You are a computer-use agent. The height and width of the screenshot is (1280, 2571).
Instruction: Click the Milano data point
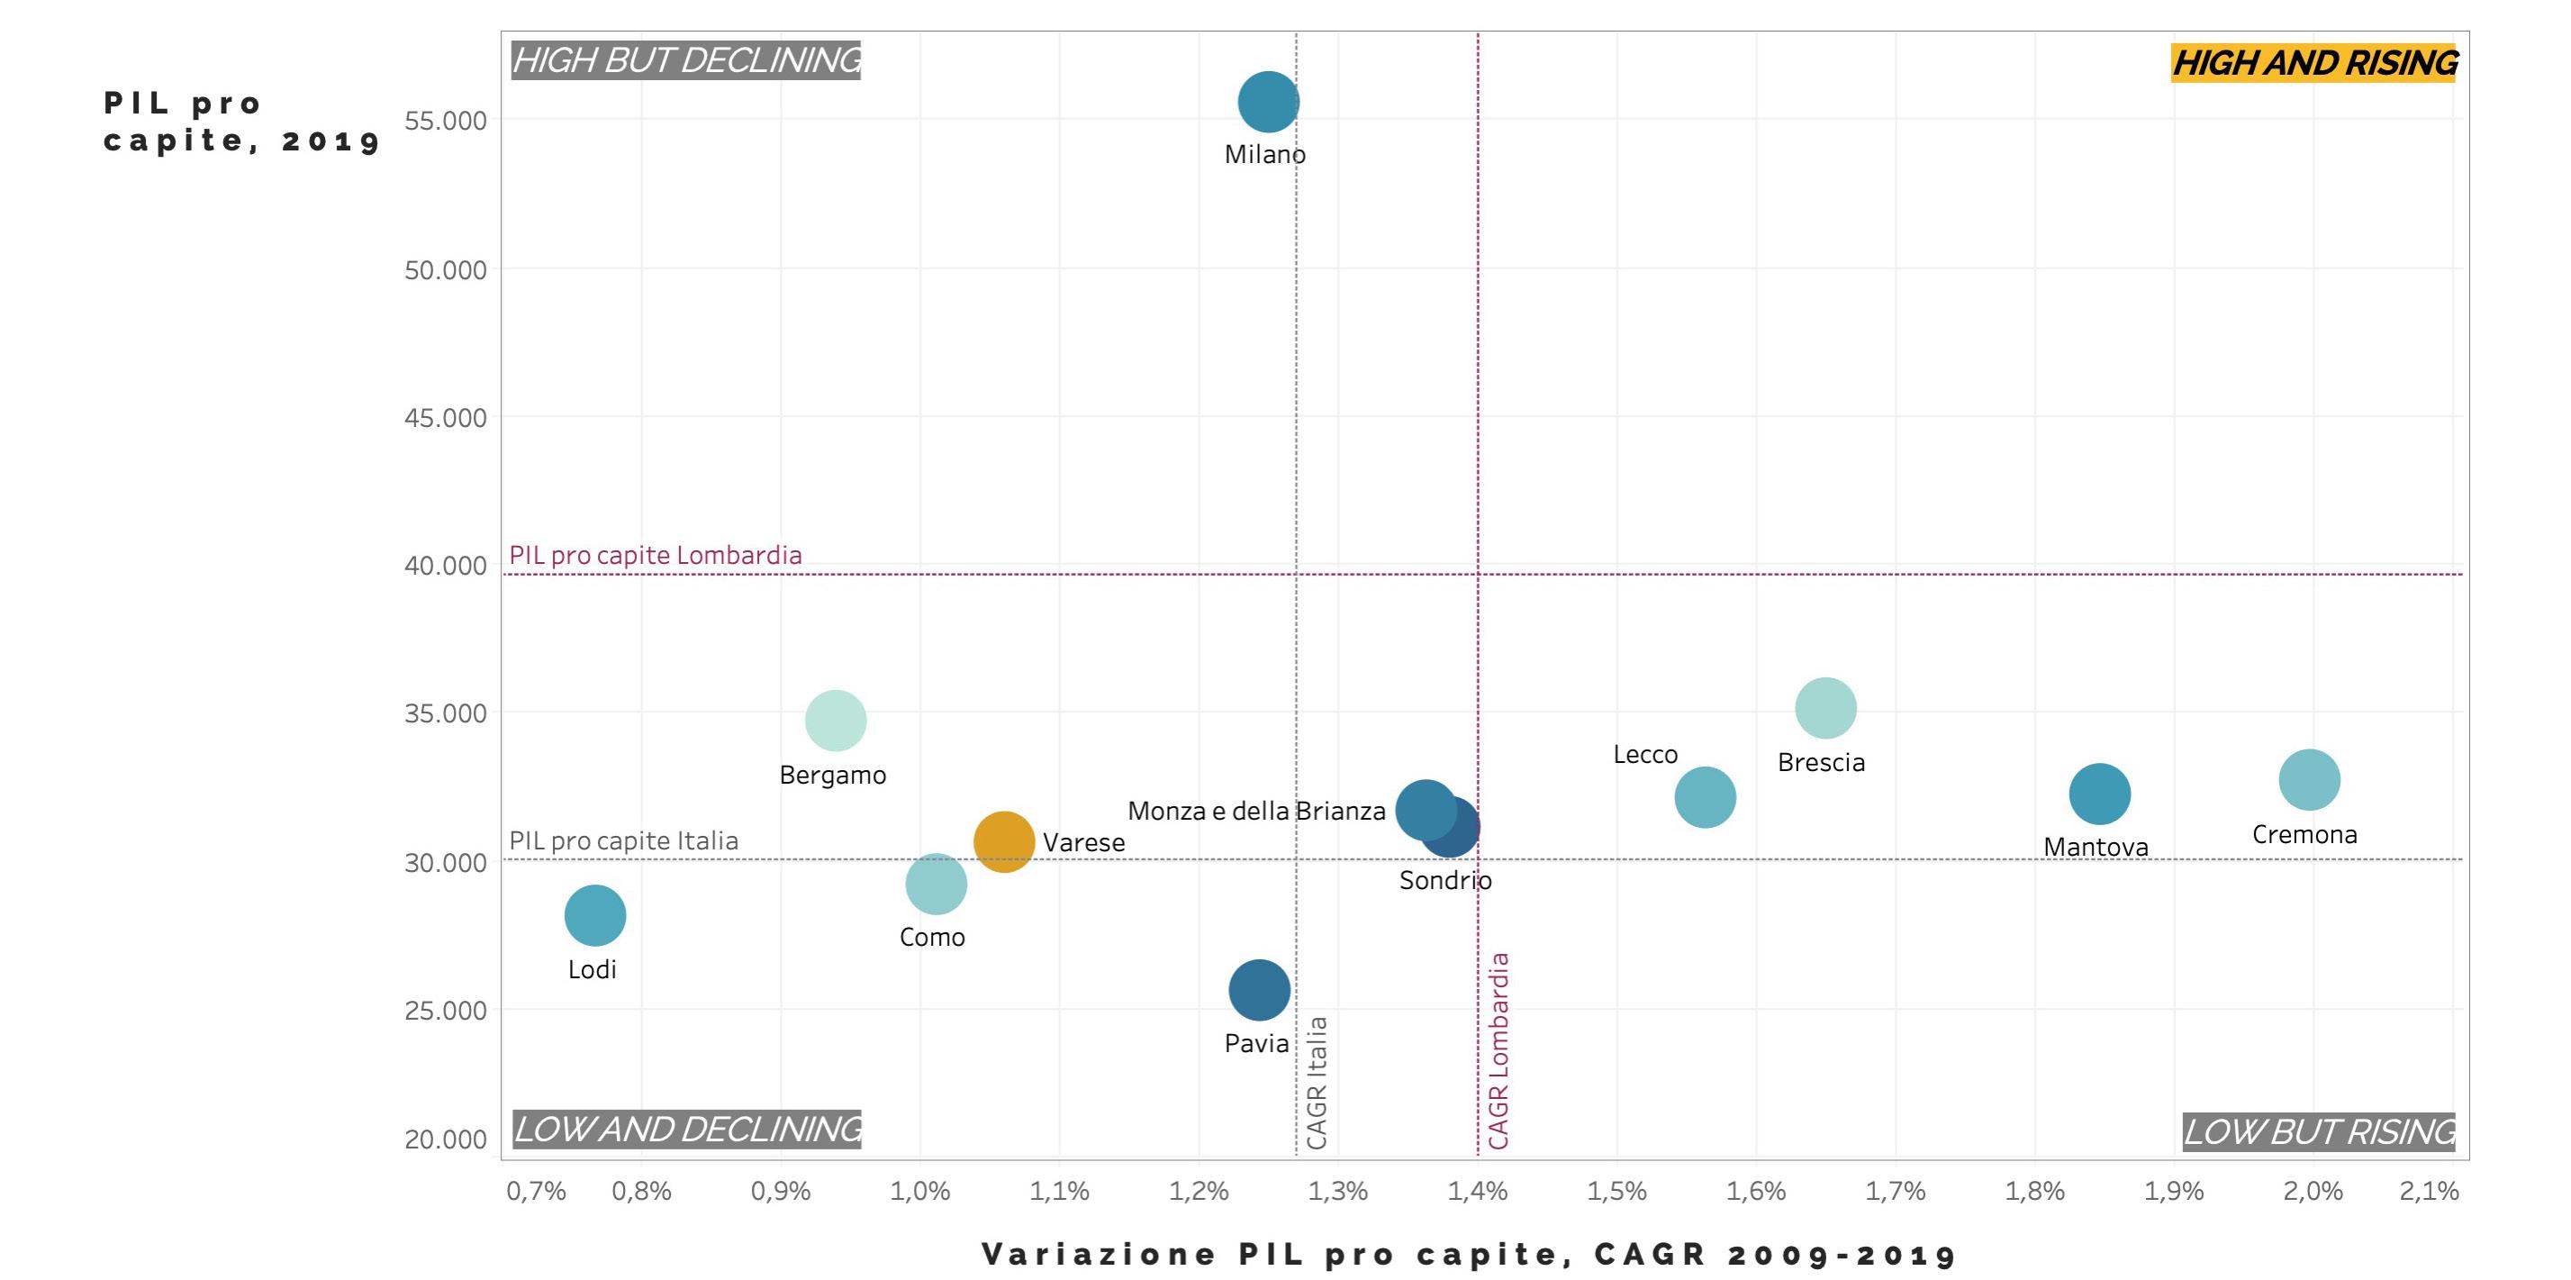pos(1268,102)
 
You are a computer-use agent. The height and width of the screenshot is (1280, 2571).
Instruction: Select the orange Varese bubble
pos(1003,841)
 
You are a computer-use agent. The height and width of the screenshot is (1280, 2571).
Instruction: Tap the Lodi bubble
pos(595,914)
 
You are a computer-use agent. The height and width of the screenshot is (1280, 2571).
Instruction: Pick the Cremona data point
pos(2309,780)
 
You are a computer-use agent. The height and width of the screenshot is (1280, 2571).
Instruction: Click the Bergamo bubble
pos(836,720)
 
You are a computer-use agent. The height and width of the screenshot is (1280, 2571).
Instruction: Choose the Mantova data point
pos(2099,794)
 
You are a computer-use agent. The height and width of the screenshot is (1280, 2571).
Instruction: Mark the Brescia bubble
pos(1825,708)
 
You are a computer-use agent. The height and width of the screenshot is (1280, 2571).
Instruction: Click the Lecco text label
pos(1644,755)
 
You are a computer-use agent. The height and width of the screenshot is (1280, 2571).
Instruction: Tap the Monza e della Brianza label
pos(1255,811)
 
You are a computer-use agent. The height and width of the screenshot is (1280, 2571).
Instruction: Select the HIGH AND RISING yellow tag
pos(2313,63)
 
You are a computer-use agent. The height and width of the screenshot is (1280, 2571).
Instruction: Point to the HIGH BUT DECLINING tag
pos(685,60)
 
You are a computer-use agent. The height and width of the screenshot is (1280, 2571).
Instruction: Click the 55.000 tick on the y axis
pos(445,121)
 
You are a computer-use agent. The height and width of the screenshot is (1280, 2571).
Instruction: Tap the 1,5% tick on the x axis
pos(1616,1191)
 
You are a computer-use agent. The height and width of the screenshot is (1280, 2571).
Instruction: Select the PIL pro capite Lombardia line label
pos(656,555)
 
